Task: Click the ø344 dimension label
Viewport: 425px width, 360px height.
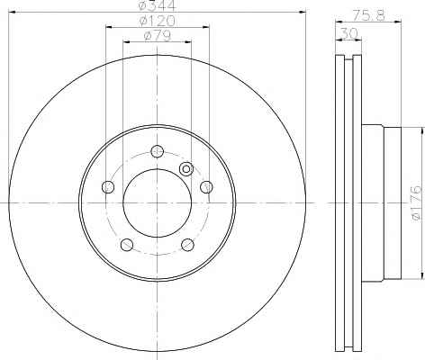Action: [158, 5]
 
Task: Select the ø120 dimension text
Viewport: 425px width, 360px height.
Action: [158, 21]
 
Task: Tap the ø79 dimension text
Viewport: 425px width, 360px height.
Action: [158, 36]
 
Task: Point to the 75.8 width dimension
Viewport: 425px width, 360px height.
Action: [368, 15]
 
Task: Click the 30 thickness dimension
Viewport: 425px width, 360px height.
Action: [348, 33]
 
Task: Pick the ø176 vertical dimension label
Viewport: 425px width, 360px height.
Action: [417, 202]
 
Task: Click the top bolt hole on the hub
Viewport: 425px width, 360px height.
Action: [157, 151]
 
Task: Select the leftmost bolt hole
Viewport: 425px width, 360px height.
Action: [108, 187]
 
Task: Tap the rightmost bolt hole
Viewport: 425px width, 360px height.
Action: [206, 187]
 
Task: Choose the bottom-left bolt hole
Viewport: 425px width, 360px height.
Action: [127, 245]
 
